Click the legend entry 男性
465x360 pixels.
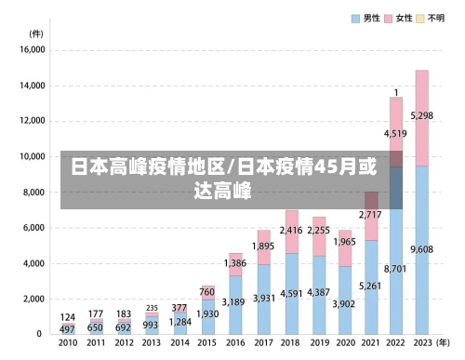[x=370, y=18]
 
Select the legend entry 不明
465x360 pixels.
[x=435, y=18]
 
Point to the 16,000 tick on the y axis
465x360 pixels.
[x=33, y=50]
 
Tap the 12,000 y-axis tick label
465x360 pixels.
[x=33, y=121]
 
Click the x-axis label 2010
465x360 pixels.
[x=68, y=343]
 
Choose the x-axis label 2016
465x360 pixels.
[x=236, y=343]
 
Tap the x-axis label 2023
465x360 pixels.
[x=422, y=343]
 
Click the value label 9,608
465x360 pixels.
[x=422, y=250]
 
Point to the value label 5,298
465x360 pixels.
[x=422, y=116]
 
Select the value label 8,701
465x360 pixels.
[x=395, y=268]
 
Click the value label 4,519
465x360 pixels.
[x=395, y=134]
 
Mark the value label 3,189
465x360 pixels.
[x=236, y=301]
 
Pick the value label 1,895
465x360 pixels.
[x=264, y=247]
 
